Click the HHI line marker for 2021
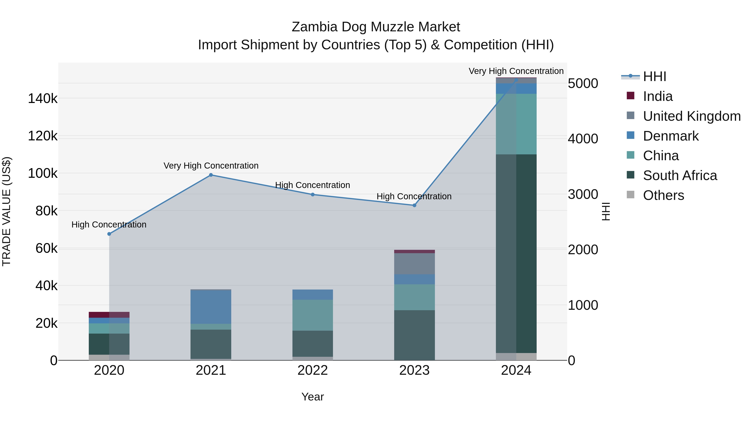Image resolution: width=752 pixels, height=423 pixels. coord(211,175)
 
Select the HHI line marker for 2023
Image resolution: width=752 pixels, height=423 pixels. coord(414,205)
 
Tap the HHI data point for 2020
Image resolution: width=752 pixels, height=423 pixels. coord(109,234)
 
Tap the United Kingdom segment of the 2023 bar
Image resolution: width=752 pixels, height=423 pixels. coord(414,264)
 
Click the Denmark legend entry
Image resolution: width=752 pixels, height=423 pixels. coord(671,136)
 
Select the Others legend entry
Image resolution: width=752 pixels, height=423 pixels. coord(663,195)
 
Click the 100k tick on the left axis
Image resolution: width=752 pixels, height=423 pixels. coord(43,173)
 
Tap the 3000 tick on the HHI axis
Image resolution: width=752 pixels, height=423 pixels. coord(583,194)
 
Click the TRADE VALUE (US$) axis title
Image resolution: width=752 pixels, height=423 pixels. coord(6,211)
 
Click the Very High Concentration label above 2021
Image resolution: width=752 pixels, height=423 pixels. coord(211,165)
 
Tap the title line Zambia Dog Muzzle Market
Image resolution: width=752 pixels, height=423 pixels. coord(376,27)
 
